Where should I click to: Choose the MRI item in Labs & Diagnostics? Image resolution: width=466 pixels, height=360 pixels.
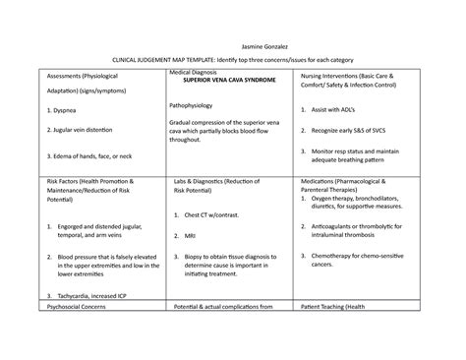tap(190, 236)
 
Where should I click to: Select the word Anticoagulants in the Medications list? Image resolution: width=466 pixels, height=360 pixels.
tap(340, 225)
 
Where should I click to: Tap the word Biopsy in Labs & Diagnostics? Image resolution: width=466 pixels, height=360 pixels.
tap(196, 257)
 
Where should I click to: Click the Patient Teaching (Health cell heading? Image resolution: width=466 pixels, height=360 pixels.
tap(348, 334)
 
